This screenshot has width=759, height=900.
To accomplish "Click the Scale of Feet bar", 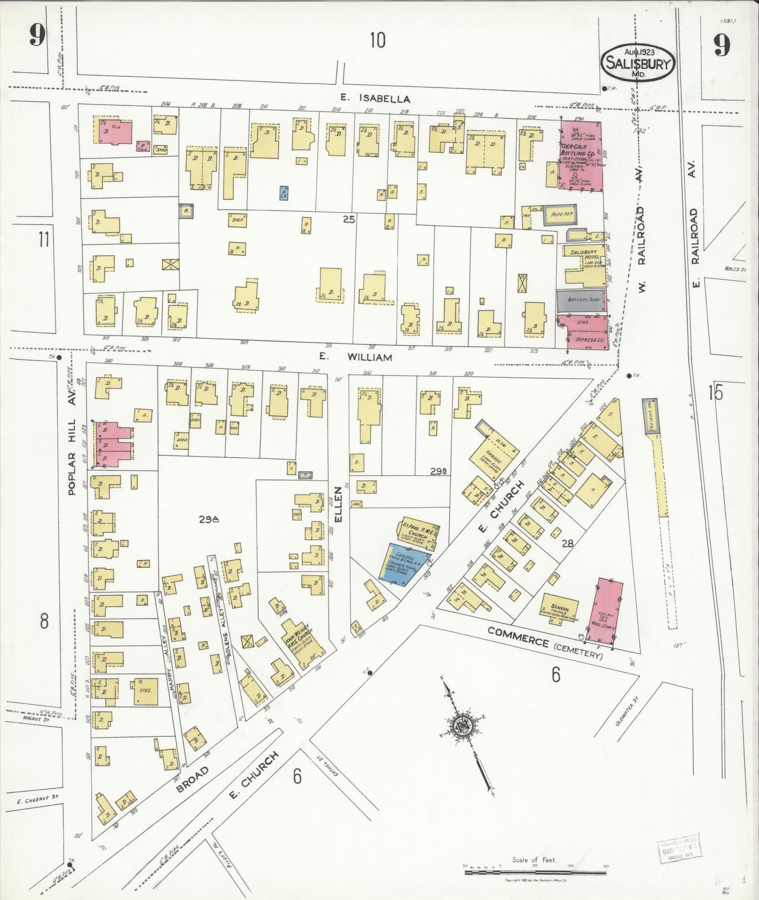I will click(534, 872).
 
